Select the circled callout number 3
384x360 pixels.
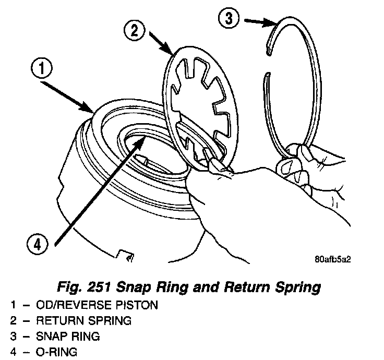click(x=228, y=19)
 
